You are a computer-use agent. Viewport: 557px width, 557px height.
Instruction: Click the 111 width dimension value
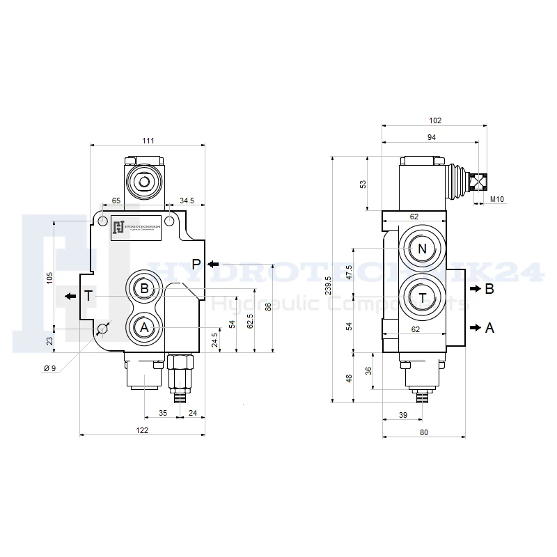pyautogui.click(x=148, y=141)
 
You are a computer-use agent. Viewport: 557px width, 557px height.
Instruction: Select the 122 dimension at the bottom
pyautogui.click(x=142, y=431)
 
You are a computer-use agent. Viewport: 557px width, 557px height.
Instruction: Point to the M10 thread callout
pyautogui.click(x=496, y=201)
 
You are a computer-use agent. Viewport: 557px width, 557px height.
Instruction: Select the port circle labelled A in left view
pyautogui.click(x=144, y=327)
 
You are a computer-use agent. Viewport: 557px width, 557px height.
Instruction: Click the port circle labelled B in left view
pyautogui.click(x=144, y=289)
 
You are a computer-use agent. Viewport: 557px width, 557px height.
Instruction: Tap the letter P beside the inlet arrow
pyautogui.click(x=196, y=264)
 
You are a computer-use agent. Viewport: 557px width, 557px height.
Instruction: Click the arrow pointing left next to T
pyautogui.click(x=70, y=296)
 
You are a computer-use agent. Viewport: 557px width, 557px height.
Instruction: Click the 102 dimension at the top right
pyautogui.click(x=436, y=120)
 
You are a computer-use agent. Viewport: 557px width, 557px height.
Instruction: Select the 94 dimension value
pyautogui.click(x=431, y=138)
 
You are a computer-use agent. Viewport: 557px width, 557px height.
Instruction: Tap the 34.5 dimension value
pyautogui.click(x=187, y=201)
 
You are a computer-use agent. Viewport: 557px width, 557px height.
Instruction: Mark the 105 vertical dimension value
pyautogui.click(x=49, y=276)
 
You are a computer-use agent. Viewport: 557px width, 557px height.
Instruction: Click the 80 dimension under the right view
pyautogui.click(x=423, y=432)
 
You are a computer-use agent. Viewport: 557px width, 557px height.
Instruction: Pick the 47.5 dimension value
pyautogui.click(x=350, y=270)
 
